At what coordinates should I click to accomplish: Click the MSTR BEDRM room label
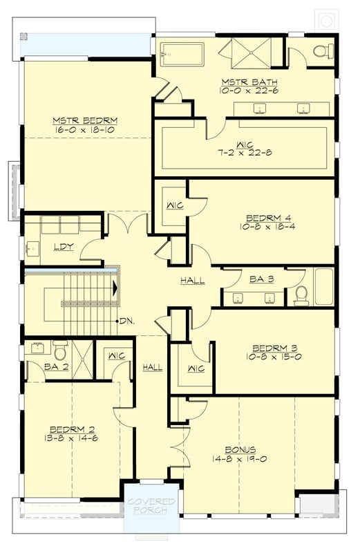(79, 118)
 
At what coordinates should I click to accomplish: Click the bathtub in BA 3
(324, 286)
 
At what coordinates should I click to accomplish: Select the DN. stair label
(126, 321)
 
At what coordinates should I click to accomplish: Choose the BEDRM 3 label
(274, 347)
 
